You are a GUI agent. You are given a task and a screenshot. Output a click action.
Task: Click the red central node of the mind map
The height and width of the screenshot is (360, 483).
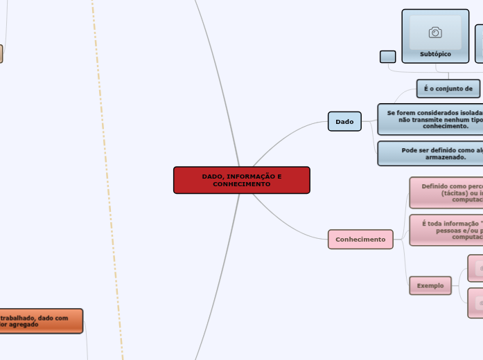(x=241, y=180)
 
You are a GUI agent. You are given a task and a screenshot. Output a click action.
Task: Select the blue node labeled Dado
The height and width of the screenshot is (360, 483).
(x=344, y=122)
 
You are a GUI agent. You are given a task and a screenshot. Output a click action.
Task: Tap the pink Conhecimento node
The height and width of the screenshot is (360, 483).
(x=360, y=240)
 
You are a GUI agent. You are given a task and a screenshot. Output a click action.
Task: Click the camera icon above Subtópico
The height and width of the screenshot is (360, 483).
(x=435, y=33)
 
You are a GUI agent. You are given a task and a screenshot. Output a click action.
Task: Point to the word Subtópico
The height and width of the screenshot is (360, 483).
(x=435, y=54)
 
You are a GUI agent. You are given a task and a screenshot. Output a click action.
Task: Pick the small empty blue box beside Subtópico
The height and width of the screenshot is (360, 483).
(x=387, y=57)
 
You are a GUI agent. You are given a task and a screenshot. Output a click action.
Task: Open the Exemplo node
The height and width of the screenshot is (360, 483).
(x=430, y=285)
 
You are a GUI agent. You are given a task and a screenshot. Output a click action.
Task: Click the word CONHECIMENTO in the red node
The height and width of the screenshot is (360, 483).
(x=241, y=185)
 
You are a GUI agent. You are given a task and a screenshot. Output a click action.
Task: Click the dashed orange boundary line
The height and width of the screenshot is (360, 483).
(x=110, y=208)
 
